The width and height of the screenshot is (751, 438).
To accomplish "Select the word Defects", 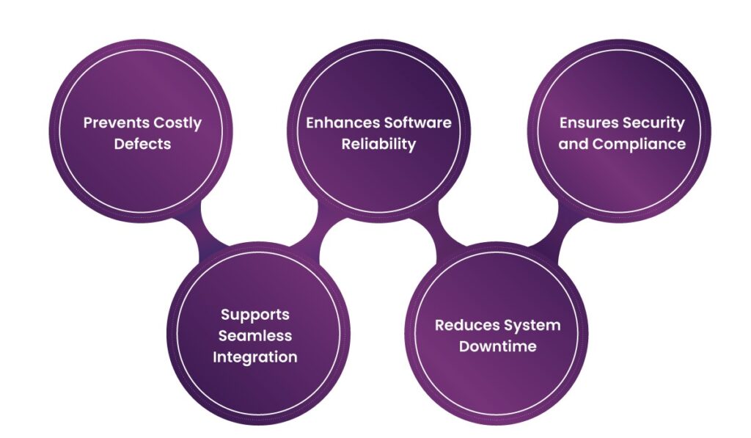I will pos(142,144).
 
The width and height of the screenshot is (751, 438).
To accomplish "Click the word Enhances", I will pos(338,123).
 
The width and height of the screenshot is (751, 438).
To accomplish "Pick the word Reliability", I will pos(378,144).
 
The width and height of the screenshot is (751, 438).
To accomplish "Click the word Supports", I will pos(255,315).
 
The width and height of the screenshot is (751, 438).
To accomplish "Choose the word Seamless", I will pos(255,336).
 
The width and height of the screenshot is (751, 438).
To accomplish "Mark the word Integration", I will pos(255,357).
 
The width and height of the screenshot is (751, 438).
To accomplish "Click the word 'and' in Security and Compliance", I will pos(574,144).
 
